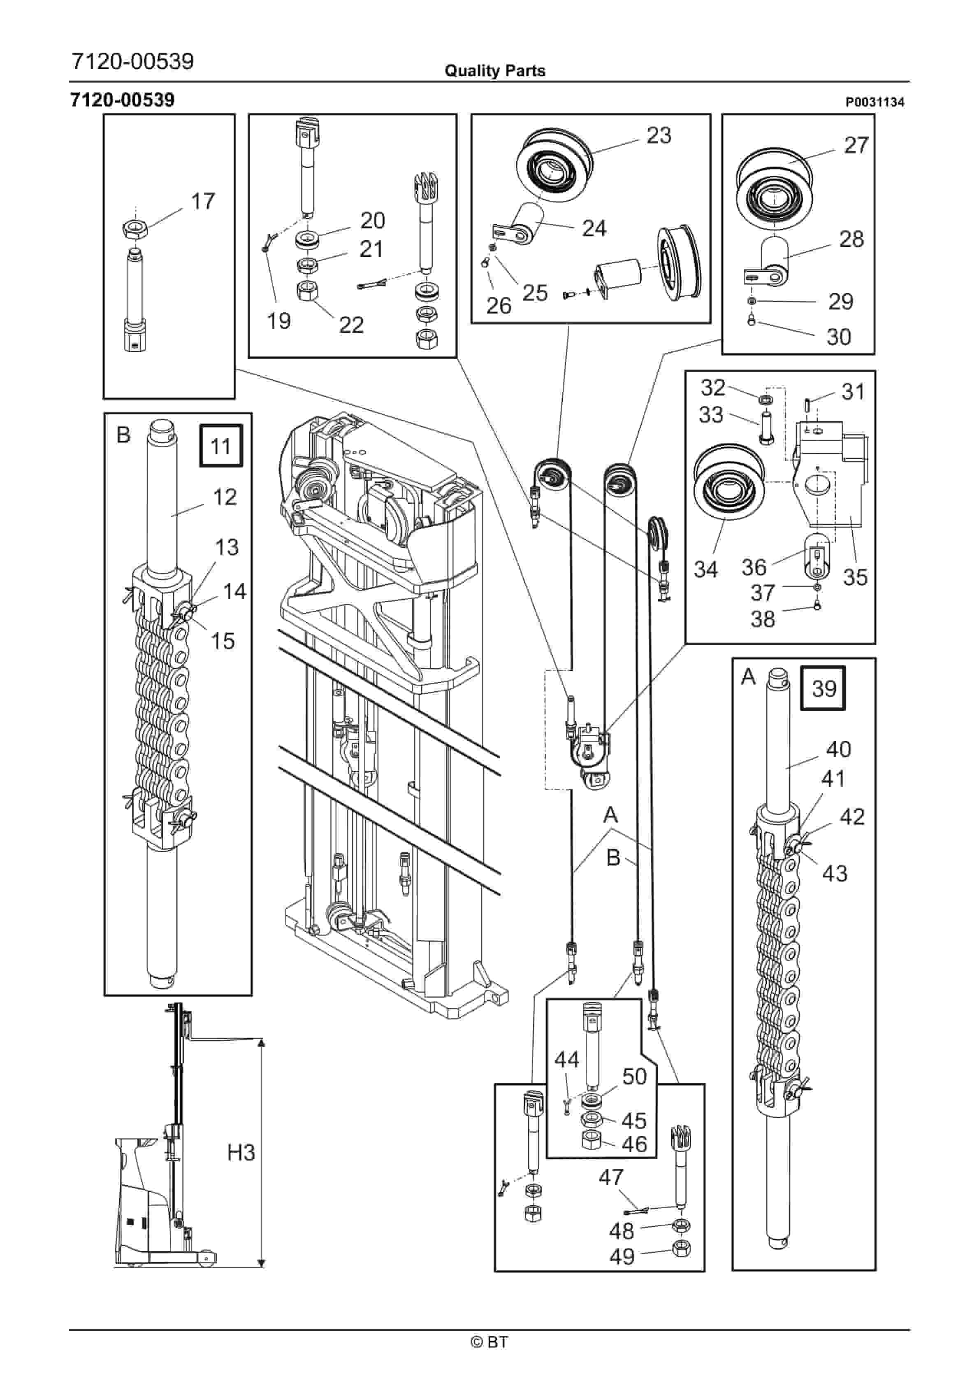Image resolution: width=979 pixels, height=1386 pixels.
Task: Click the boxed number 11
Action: (221, 446)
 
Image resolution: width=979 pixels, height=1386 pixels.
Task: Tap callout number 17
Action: (203, 201)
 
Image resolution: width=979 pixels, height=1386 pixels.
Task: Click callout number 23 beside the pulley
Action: (659, 135)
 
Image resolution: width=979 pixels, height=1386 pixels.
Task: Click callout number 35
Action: (855, 577)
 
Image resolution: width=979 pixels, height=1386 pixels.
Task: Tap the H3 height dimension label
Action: (241, 1152)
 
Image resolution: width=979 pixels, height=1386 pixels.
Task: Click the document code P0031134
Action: (875, 102)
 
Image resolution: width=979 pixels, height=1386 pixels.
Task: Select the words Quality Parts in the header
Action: (495, 71)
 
